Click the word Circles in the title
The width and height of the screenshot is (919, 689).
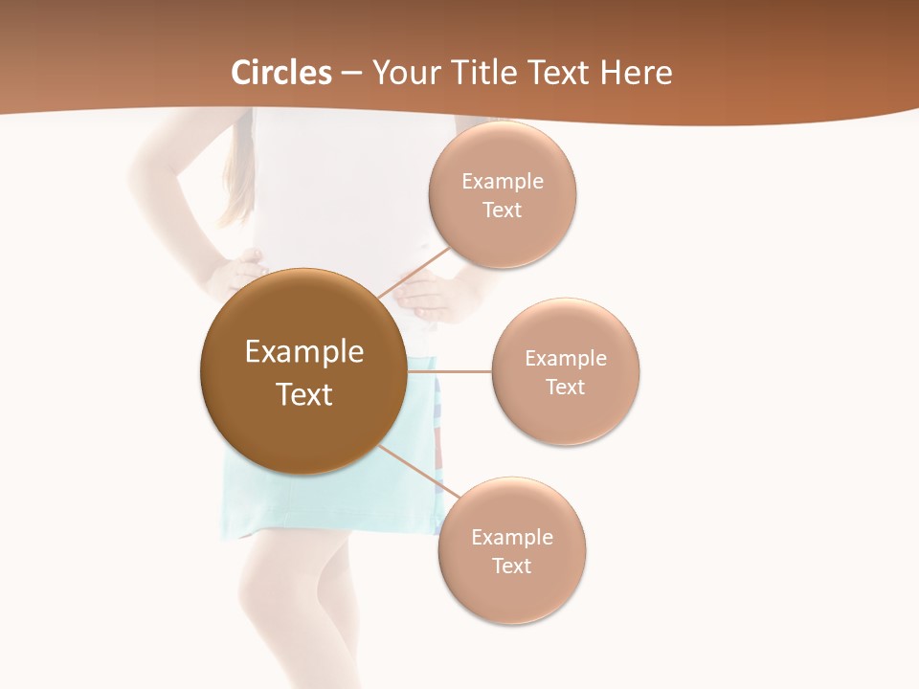click(x=281, y=73)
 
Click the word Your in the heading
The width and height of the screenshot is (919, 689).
click(x=407, y=73)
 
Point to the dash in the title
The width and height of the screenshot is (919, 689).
click(x=351, y=74)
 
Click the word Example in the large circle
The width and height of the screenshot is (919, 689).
click(x=304, y=352)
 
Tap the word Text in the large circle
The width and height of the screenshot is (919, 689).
click(x=304, y=394)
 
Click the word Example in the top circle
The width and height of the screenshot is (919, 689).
click(x=503, y=182)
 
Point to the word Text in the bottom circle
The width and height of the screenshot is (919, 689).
click(x=511, y=566)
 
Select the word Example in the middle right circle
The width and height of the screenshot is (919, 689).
click(x=566, y=359)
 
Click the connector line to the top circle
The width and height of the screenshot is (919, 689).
click(x=415, y=273)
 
